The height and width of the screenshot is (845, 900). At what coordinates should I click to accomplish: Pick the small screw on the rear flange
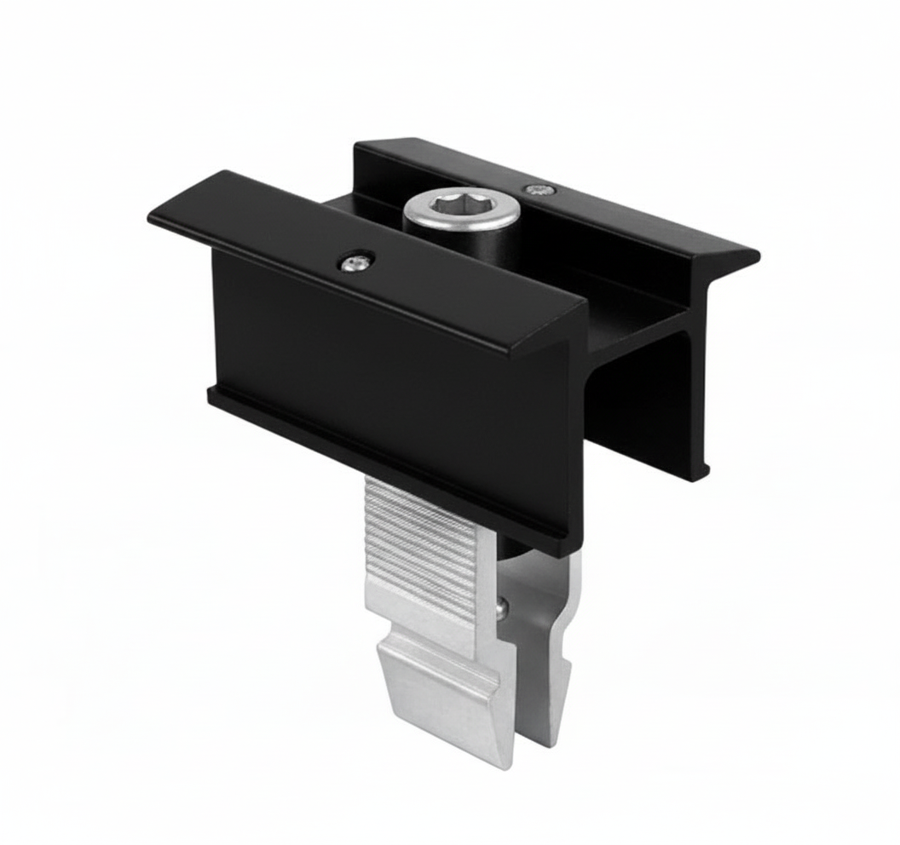(x=537, y=189)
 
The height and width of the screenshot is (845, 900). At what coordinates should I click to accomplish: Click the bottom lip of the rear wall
(x=701, y=470)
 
